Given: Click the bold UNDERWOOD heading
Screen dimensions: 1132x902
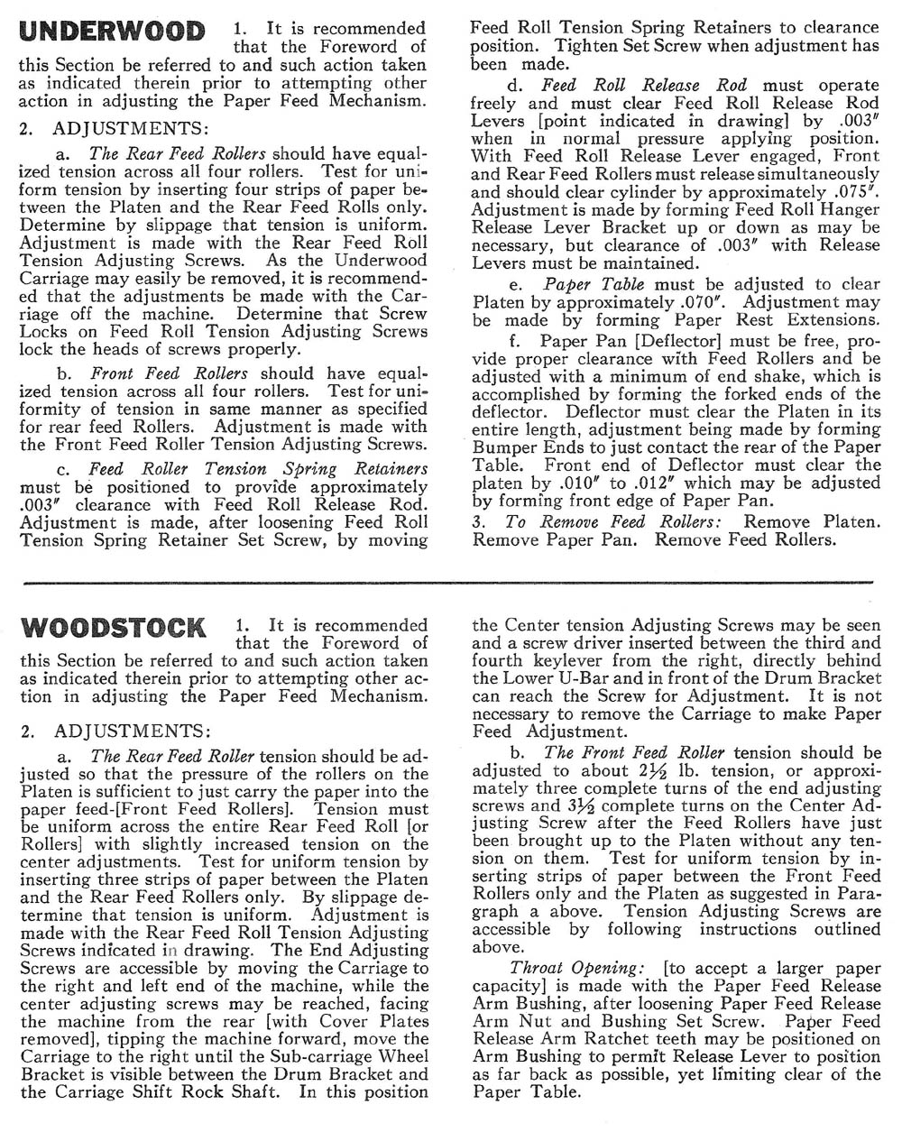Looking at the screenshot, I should tap(113, 32).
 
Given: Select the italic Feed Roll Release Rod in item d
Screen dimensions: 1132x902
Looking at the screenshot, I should tap(644, 85).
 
